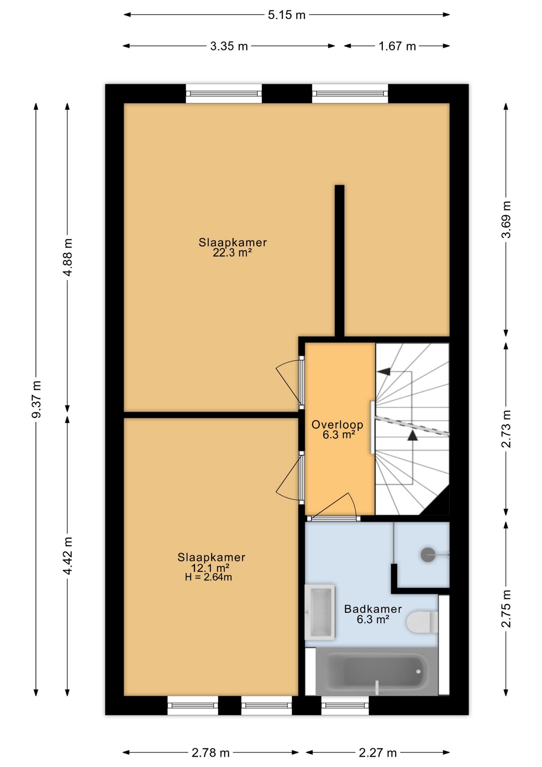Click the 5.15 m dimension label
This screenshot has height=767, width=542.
[287, 15]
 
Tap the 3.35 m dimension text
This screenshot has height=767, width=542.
[229, 46]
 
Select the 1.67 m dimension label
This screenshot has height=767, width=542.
[397, 46]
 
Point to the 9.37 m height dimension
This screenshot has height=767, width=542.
[36, 399]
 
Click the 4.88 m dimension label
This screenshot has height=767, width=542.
[67, 257]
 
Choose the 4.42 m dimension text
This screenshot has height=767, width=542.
[67, 556]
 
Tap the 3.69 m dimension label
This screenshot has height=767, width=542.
[506, 220]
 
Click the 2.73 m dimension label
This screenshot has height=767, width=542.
[506, 429]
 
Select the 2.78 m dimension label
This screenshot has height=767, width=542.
[211, 753]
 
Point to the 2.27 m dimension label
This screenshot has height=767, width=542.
[378, 753]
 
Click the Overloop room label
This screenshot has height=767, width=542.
[338, 425]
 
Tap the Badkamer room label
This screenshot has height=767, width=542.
[373, 609]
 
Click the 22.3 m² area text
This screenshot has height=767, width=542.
[232, 252]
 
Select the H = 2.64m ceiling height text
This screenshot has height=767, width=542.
[208, 577]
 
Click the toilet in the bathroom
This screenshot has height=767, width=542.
[422, 622]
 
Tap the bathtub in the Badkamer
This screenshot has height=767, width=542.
[377, 671]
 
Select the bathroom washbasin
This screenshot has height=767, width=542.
[320, 612]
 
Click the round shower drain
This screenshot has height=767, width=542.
[428, 554]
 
